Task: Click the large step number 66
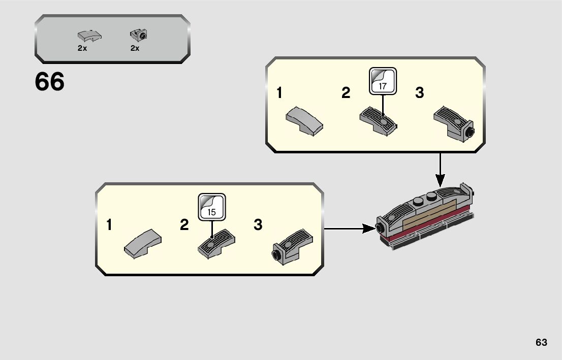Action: click(x=50, y=82)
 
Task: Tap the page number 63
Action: click(x=541, y=342)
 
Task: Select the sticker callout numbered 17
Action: click(x=382, y=81)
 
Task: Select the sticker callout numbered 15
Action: click(x=211, y=207)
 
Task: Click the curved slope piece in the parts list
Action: click(x=89, y=36)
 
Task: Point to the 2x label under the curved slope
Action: click(x=82, y=48)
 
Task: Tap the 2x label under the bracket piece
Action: click(x=135, y=48)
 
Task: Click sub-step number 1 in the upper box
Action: click(x=279, y=93)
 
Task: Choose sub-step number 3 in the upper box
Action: click(x=419, y=93)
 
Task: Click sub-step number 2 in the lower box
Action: click(x=184, y=225)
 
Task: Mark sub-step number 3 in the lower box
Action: click(x=258, y=225)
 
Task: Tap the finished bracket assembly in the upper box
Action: click(x=454, y=124)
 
